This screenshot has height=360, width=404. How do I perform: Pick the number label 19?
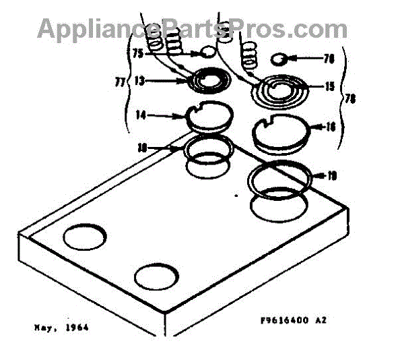click(331, 177)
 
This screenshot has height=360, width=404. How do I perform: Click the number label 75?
click(138, 52)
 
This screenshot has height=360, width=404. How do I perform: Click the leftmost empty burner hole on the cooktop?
click(86, 237)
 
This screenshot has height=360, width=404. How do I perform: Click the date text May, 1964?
click(61, 328)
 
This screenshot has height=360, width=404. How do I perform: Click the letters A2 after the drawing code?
click(323, 322)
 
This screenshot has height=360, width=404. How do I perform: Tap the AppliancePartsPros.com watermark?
click(193, 28)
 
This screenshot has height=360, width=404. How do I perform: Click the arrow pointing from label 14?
click(168, 115)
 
